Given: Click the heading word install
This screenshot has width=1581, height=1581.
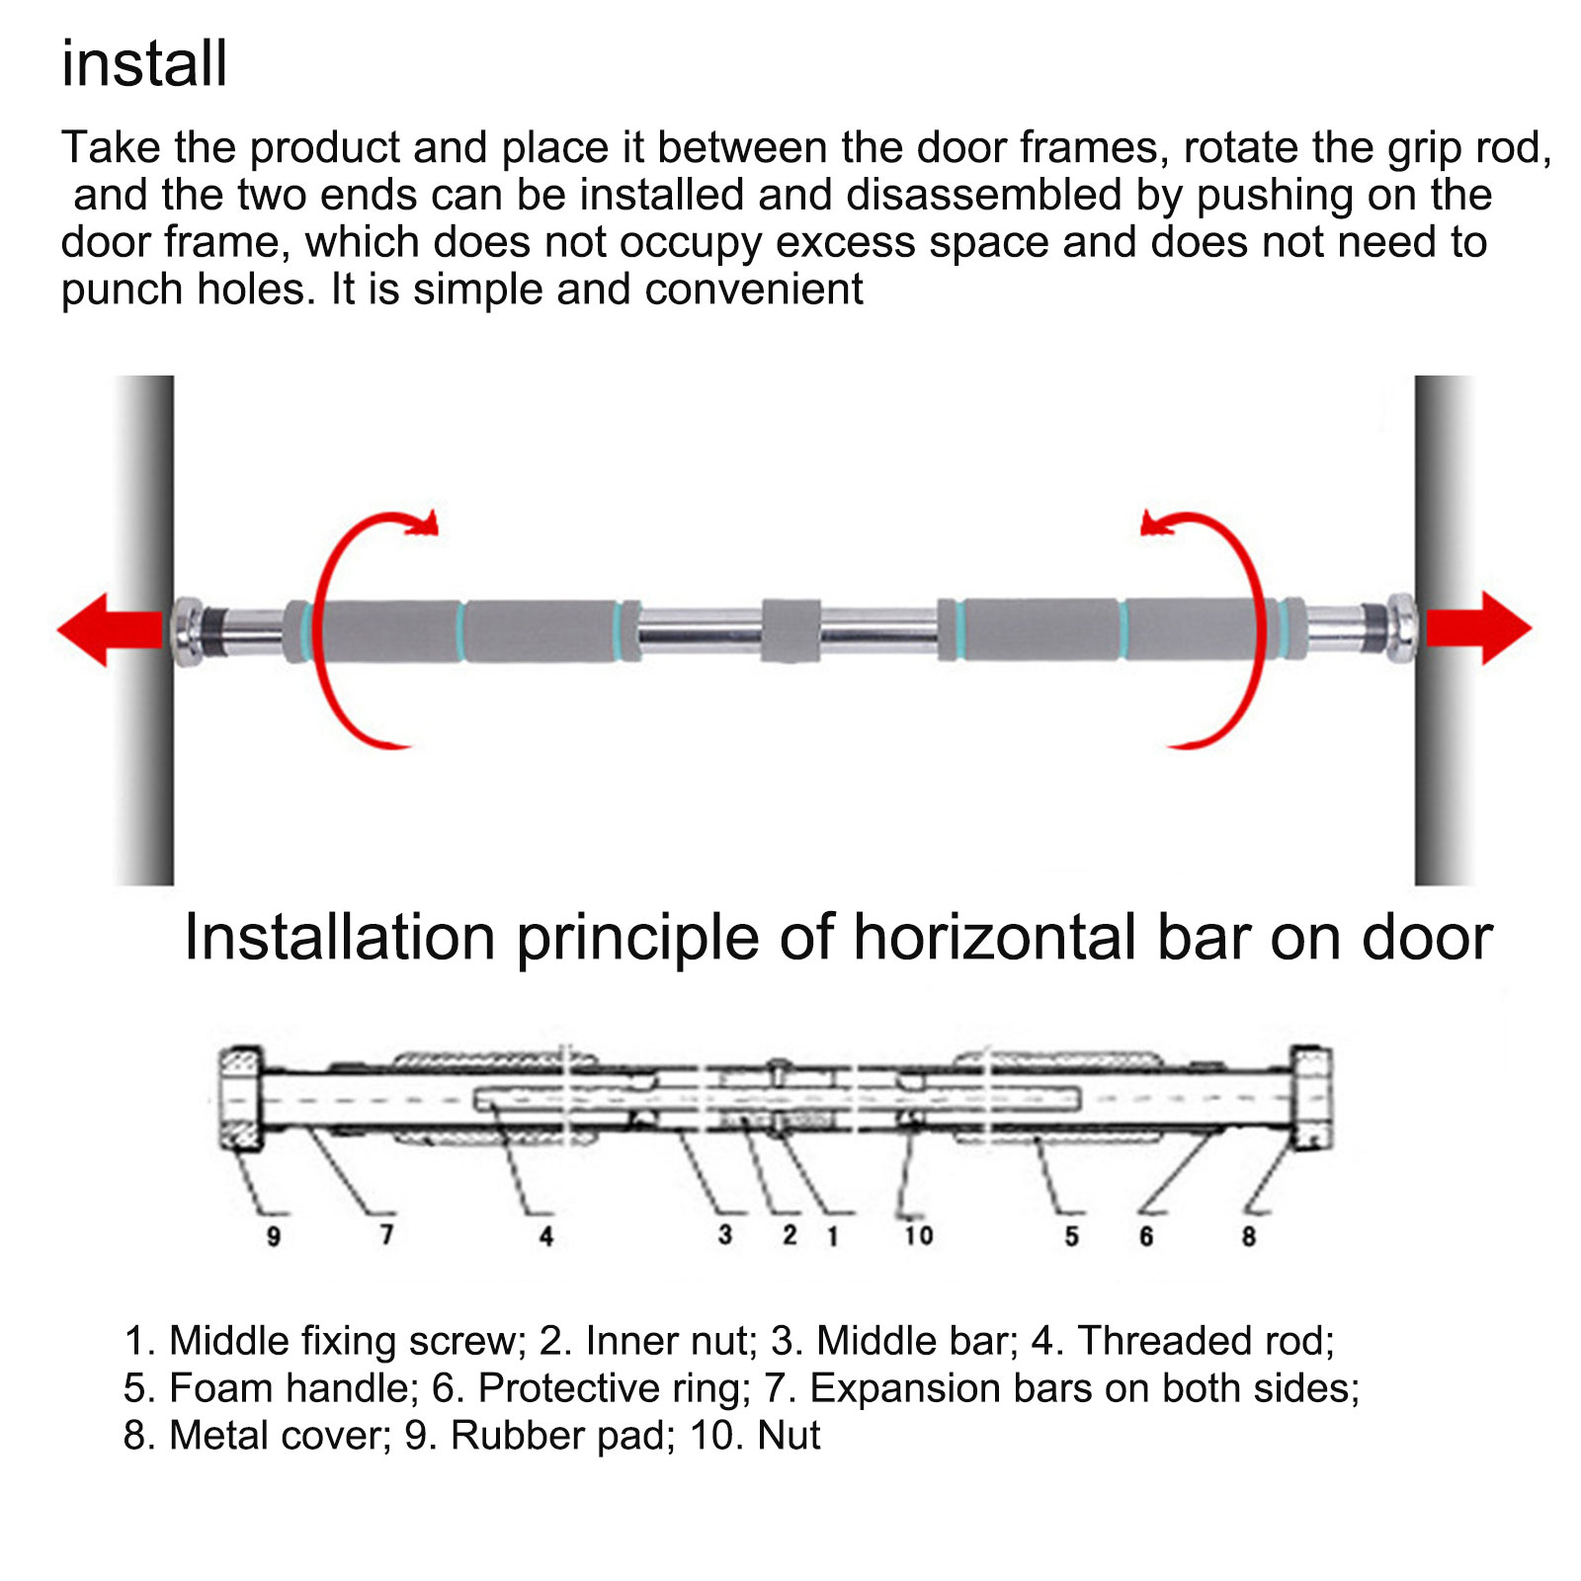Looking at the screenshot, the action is pos(144,64).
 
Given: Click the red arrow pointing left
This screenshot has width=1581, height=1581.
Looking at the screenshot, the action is pos(110,629).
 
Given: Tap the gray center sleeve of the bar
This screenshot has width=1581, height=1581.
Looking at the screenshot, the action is pos(790,629).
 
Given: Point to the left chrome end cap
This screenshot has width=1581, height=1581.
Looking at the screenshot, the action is pos(187,628).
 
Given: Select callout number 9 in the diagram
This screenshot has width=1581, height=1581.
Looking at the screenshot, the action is pos(274,1236).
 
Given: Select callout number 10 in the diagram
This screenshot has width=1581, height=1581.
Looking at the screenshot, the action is pos(918,1235).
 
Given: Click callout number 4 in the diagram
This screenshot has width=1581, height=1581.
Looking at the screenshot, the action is pos(546,1236).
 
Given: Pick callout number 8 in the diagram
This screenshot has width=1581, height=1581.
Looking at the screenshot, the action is pos(1249,1236).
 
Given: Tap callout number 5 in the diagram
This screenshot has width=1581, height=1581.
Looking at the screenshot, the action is pos(1071,1236).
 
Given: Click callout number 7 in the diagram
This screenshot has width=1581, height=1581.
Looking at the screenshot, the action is pos(386,1234).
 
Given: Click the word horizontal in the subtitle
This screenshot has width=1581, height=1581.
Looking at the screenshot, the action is pos(995,937).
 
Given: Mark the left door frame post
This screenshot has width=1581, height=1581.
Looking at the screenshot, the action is pos(144,630).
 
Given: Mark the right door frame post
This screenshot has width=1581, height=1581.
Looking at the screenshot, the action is pos(1445,630).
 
